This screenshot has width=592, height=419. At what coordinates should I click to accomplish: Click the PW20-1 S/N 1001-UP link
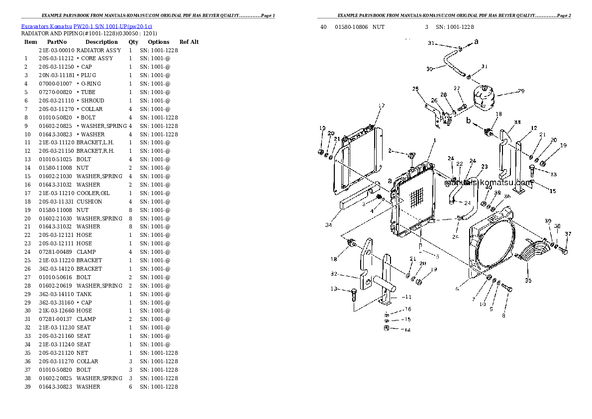point(113,25)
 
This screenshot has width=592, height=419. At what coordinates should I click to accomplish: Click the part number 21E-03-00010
point(56,50)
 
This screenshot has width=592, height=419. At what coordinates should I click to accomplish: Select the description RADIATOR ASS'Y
point(99,50)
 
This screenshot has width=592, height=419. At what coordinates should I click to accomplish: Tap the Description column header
point(101,42)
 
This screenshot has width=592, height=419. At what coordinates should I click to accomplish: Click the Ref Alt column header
point(189,42)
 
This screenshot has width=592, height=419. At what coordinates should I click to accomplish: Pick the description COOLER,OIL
point(93,193)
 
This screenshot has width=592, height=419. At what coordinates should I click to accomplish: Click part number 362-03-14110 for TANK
point(56,294)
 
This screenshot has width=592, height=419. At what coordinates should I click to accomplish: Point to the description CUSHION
point(89,202)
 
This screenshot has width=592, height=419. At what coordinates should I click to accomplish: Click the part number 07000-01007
point(55,84)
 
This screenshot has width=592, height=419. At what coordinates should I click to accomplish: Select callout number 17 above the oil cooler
point(382,105)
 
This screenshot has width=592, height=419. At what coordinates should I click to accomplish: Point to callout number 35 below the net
point(528,281)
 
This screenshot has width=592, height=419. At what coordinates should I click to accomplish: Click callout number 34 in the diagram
point(328,225)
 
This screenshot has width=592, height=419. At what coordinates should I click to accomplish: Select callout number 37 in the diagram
point(568,234)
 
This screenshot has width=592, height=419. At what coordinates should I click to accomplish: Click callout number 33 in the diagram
point(517,122)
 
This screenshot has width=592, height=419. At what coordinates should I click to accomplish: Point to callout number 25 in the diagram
point(415,89)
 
